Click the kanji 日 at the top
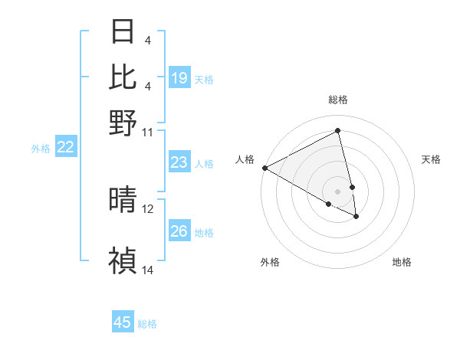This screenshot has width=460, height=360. (x=123, y=32)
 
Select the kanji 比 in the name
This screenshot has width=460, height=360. (x=123, y=77)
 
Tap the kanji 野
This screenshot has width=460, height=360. (x=123, y=123)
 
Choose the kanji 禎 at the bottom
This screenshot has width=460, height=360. (x=123, y=260)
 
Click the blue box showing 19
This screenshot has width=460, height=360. (x=179, y=78)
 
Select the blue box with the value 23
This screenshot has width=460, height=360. (x=179, y=162)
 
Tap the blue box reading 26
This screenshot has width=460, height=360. (x=179, y=231)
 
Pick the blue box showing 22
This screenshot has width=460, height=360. (x=65, y=147)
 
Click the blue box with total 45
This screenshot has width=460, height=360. (x=123, y=322)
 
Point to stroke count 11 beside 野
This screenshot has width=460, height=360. (x=148, y=132)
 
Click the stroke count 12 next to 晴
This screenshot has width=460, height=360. (x=148, y=208)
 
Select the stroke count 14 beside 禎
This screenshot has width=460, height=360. (x=148, y=270)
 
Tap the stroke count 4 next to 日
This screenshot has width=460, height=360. (x=147, y=40)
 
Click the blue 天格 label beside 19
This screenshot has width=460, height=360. (x=204, y=79)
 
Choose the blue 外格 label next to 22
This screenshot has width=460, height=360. (x=40, y=148)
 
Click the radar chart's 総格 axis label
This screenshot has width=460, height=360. (x=338, y=100)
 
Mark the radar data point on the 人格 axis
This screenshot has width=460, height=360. (x=264, y=168)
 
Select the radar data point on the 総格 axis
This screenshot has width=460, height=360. (x=338, y=131)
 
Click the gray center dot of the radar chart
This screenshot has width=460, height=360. (x=338, y=191)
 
